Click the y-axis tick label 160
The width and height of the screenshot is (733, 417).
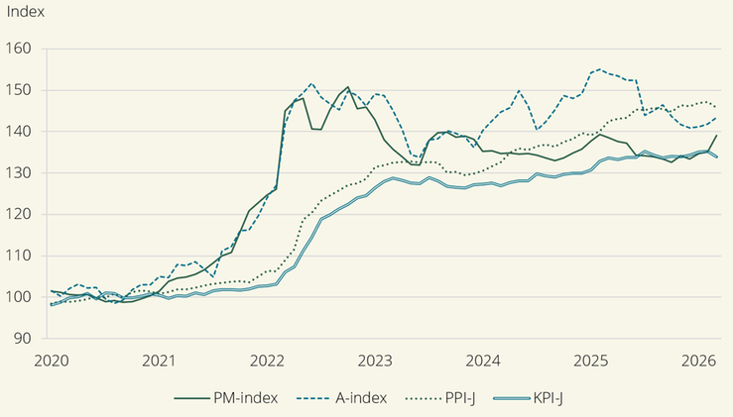18,49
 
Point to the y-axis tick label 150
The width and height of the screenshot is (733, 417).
18,90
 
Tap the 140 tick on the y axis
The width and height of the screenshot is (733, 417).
18,131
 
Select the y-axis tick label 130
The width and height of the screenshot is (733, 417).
18,172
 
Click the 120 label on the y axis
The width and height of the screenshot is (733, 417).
18,214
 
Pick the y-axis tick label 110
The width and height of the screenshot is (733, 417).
18,256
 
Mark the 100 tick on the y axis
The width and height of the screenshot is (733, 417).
18,297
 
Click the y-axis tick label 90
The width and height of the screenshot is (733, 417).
22,338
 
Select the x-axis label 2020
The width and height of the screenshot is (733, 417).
52,361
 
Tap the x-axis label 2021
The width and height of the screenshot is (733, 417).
159,361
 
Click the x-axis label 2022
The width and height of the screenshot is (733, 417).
267,361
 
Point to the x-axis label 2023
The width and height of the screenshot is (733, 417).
375,361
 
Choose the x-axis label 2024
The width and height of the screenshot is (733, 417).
483,361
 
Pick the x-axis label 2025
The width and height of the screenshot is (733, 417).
591,361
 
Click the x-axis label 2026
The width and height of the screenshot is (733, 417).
699,361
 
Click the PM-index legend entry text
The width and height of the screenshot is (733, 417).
245,398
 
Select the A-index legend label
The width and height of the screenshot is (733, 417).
361,398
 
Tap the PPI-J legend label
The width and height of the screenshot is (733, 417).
460,398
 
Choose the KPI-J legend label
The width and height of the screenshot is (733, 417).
548,398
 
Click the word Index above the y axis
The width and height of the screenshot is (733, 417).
25,12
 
